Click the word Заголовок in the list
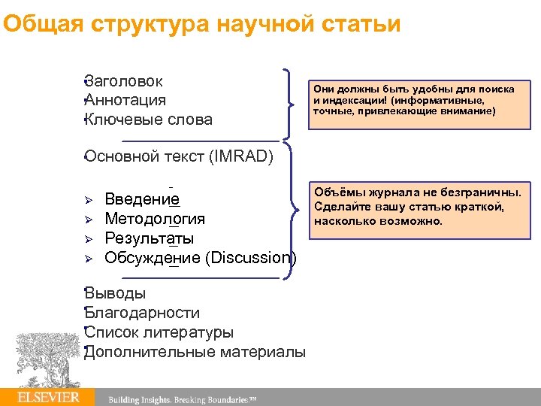125,81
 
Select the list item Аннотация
126,100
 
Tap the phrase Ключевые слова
149,120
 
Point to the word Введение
142,199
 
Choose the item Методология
155,219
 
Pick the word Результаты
149,238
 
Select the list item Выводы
116,293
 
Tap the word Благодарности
143,313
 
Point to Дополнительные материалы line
195,352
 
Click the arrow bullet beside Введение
87,200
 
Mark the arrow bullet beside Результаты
87,239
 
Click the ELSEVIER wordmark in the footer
49,397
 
